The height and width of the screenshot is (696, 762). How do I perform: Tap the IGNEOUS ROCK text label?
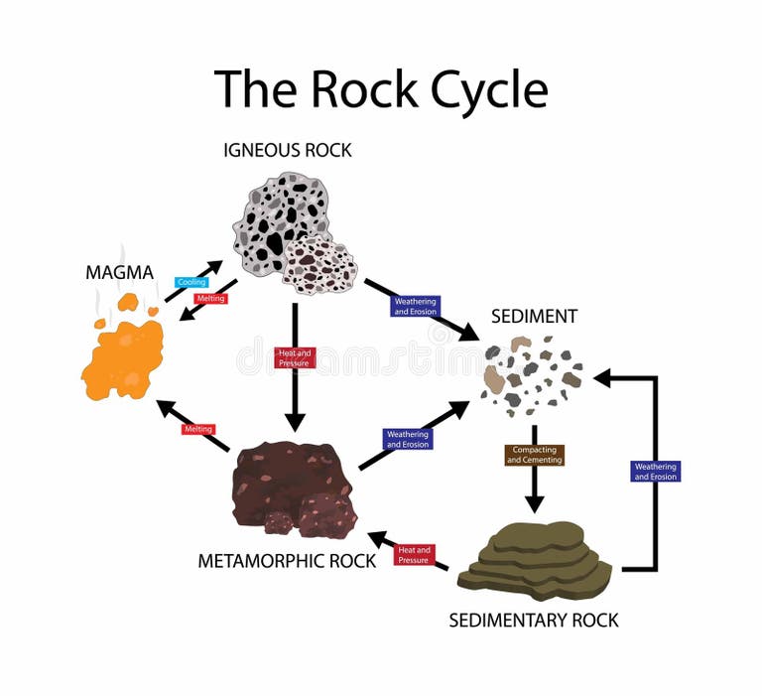tap(288, 151)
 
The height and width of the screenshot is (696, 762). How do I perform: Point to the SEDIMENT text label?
tap(534, 317)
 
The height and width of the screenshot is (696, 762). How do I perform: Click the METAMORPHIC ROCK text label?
tap(287, 561)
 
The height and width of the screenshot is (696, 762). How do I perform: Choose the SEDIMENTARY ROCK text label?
tap(534, 621)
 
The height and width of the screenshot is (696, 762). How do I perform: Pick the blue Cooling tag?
tap(191, 282)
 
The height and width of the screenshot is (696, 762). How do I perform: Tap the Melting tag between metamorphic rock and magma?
tap(198, 429)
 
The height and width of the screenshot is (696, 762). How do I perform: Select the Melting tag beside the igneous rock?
tap(210, 298)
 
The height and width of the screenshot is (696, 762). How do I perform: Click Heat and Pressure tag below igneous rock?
tap(294, 357)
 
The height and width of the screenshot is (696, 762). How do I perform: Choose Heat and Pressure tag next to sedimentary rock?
tap(414, 554)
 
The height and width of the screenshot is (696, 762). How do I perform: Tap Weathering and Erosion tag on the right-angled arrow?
tap(655, 472)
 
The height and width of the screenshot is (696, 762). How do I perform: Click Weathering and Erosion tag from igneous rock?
tap(415, 306)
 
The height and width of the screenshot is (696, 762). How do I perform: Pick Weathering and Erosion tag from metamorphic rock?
tap(407, 439)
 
